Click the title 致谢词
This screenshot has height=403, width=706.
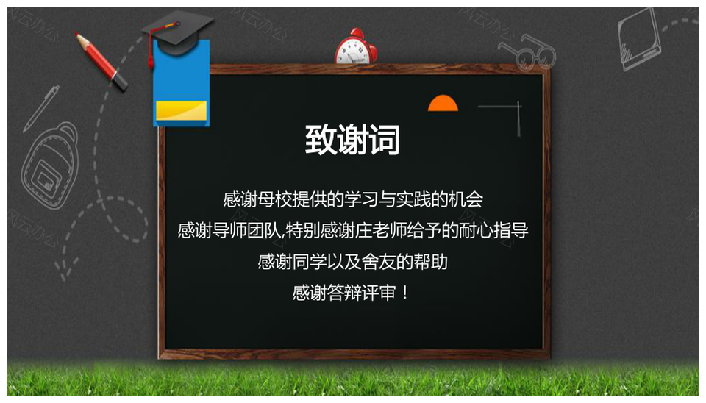click(x=352, y=140)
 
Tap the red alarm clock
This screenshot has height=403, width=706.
click(x=356, y=47)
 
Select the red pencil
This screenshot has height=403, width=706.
click(x=101, y=61)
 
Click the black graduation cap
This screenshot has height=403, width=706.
click(x=177, y=31)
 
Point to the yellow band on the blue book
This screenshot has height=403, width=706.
click(x=182, y=111)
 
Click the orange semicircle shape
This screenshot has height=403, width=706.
click(x=443, y=103)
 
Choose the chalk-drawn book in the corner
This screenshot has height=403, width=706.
click(x=640, y=39)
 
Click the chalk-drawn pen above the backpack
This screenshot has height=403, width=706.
click(x=41, y=109)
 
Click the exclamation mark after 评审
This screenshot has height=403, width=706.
click(x=404, y=293)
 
